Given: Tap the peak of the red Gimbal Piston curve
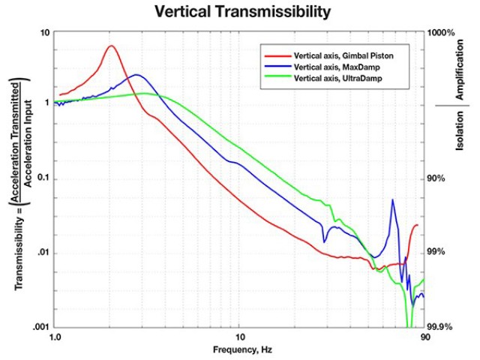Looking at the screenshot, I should (111, 46).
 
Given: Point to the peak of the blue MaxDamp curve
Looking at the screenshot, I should (136, 75).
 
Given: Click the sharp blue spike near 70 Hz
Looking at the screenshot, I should (392, 200).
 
